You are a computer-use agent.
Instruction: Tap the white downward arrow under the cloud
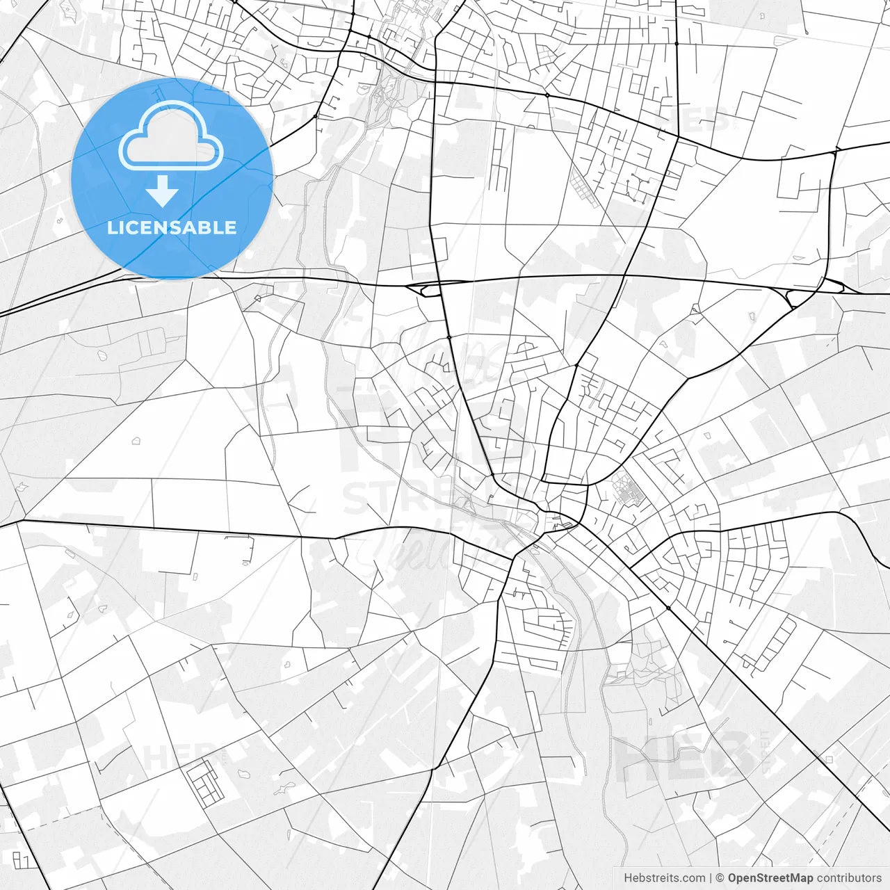(163, 191)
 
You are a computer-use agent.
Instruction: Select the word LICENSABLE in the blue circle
(172, 227)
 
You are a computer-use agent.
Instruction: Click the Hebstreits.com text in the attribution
(664, 878)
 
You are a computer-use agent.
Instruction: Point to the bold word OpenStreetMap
(770, 878)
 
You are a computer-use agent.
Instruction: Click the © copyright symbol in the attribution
(720, 878)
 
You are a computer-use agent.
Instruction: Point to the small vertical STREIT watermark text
(766, 751)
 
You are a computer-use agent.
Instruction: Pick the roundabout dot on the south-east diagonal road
(668, 608)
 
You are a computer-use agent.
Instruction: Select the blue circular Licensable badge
(172, 179)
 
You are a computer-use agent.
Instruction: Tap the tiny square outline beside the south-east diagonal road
(828, 760)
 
